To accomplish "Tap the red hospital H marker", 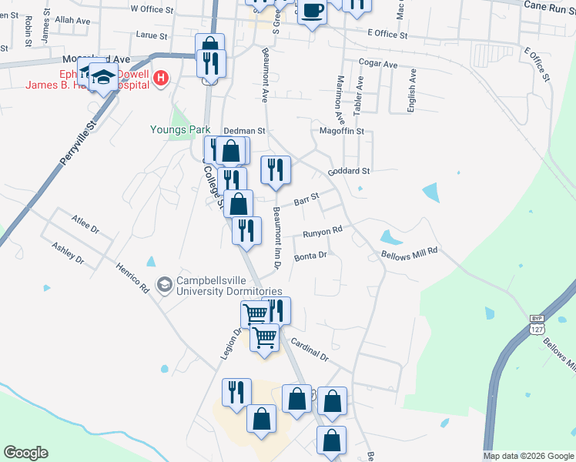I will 161,78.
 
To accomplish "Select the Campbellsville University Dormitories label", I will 229,286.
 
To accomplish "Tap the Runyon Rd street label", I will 323,233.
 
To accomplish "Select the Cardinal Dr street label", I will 310,351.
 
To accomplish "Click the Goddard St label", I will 349,171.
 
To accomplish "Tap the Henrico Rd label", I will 132,278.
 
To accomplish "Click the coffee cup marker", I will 311,11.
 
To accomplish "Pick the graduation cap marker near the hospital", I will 102,75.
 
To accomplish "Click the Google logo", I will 25,453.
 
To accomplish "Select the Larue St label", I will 151,35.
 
